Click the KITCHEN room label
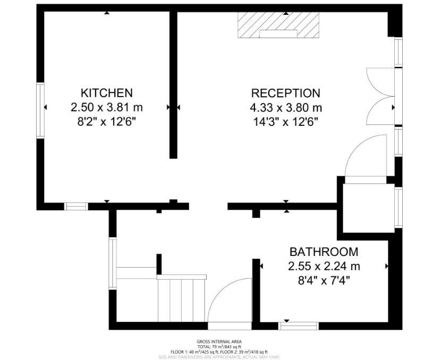point(106,93)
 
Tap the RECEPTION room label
point(285,93)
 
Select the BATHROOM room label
point(324,252)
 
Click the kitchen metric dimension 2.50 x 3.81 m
point(106,107)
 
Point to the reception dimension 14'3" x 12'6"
point(285,122)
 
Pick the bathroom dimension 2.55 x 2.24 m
point(324,265)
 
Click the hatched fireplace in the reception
point(278,25)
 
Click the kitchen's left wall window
point(40,110)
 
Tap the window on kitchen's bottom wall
point(76,207)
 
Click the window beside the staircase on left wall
point(112,263)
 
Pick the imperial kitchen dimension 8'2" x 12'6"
point(106,122)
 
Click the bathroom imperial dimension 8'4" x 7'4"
point(324,280)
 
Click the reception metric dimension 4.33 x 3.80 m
point(285,107)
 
